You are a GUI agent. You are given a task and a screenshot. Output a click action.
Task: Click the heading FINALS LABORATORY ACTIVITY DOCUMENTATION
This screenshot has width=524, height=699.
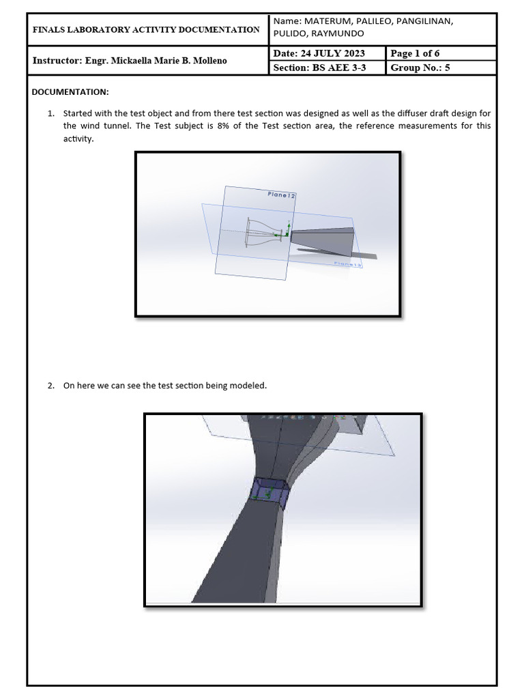click(x=146, y=29)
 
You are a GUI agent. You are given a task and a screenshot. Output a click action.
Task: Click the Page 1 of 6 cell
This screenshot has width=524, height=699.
click(x=415, y=53)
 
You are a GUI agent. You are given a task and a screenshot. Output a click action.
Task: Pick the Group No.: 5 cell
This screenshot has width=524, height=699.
click(x=420, y=68)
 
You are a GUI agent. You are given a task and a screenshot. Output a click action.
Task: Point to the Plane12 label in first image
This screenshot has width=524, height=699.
click(x=281, y=195)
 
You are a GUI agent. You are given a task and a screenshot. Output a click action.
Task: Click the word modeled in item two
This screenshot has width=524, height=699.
click(x=249, y=386)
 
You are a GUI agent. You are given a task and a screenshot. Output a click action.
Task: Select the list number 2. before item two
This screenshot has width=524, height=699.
click(x=51, y=386)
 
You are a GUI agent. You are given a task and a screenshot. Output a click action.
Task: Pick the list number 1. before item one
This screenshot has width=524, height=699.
click(x=51, y=113)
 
